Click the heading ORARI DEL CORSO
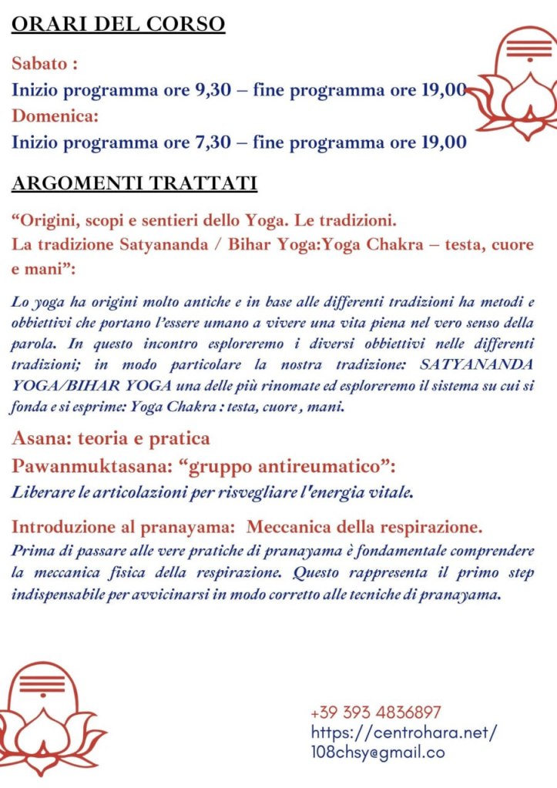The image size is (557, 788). [x=118, y=24]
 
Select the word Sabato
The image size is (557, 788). [x=40, y=63]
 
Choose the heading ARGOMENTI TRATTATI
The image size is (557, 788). [x=134, y=183]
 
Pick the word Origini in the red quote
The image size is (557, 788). [x=45, y=220]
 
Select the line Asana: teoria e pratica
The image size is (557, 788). [x=111, y=439]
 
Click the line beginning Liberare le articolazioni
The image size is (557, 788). [x=213, y=491]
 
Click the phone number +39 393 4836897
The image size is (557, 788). [x=375, y=713]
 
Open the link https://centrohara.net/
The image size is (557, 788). [x=404, y=733]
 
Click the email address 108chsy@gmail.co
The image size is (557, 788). [x=377, y=753]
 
